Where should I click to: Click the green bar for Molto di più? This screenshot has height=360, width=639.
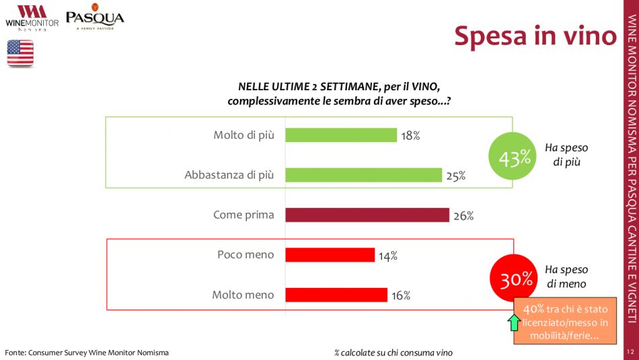[x=341, y=135]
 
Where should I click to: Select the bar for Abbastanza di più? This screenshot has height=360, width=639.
[x=363, y=175]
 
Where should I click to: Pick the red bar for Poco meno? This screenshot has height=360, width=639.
[x=330, y=255]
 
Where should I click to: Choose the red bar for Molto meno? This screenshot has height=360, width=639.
[x=336, y=295]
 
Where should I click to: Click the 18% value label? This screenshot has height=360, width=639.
[x=410, y=136]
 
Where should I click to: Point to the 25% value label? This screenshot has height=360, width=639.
[x=455, y=176]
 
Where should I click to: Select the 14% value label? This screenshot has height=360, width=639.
[x=387, y=256]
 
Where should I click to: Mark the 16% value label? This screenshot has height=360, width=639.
[x=401, y=295]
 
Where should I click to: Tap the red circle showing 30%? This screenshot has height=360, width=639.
[x=516, y=279]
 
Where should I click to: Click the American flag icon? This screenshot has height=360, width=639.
[x=20, y=53]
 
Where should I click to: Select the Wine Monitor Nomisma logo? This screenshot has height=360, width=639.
[x=32, y=18]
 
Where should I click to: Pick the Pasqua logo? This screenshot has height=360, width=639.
[x=95, y=17]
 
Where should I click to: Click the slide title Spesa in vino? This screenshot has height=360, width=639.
[x=535, y=36]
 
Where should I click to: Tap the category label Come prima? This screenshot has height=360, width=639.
[x=243, y=215]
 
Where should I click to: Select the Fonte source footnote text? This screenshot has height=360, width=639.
[x=87, y=353]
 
